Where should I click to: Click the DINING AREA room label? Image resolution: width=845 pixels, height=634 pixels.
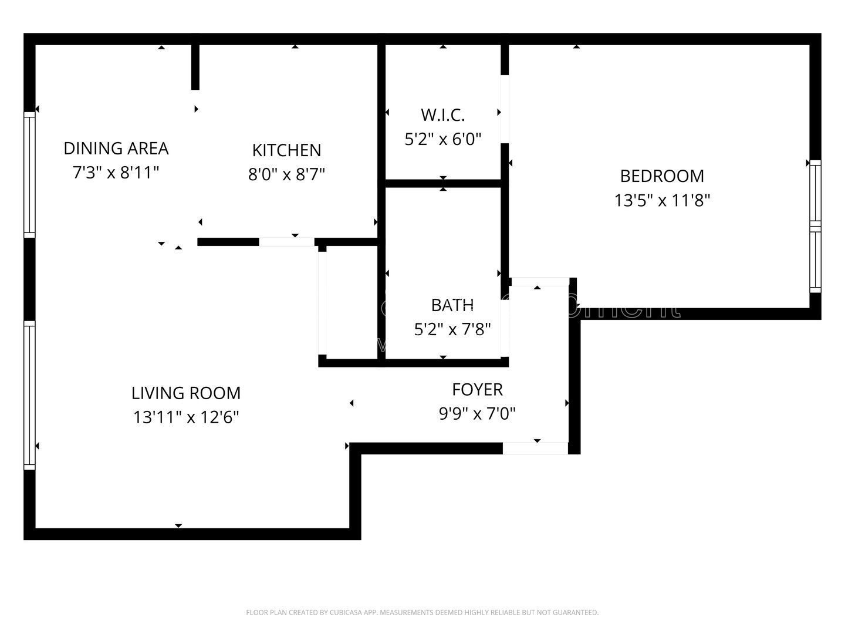[x=116, y=149]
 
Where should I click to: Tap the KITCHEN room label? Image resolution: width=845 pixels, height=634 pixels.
[x=286, y=150]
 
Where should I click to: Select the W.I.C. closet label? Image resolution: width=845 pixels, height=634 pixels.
[x=442, y=114]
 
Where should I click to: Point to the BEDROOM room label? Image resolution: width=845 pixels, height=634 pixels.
[x=662, y=176]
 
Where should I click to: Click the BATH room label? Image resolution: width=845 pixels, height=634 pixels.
[x=452, y=305]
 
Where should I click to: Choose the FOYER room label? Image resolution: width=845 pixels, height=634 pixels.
[x=477, y=390]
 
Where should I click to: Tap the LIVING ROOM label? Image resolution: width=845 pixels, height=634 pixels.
[x=185, y=393]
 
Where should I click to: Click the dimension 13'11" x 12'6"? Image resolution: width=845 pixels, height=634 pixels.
[x=185, y=417]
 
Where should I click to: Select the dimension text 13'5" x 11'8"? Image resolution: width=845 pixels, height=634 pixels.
[x=662, y=201]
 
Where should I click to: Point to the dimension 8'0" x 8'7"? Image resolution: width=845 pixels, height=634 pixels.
[x=286, y=175]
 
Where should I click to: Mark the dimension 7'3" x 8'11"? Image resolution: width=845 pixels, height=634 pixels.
[x=116, y=173]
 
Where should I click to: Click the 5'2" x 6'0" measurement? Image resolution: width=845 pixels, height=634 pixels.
[x=442, y=139]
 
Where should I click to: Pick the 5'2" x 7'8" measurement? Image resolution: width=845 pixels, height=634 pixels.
[x=452, y=329]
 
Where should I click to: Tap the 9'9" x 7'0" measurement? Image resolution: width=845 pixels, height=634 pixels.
[x=477, y=414]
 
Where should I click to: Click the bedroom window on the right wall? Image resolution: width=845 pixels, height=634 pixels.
[x=815, y=226]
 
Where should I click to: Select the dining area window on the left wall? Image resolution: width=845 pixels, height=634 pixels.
[x=29, y=174]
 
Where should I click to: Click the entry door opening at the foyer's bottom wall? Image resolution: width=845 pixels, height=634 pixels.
[x=535, y=448]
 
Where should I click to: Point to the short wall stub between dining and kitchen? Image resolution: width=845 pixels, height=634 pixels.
[x=195, y=67]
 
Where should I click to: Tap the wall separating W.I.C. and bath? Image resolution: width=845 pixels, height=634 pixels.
[x=443, y=183]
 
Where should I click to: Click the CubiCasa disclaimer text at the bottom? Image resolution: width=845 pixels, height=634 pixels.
[x=422, y=613]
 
